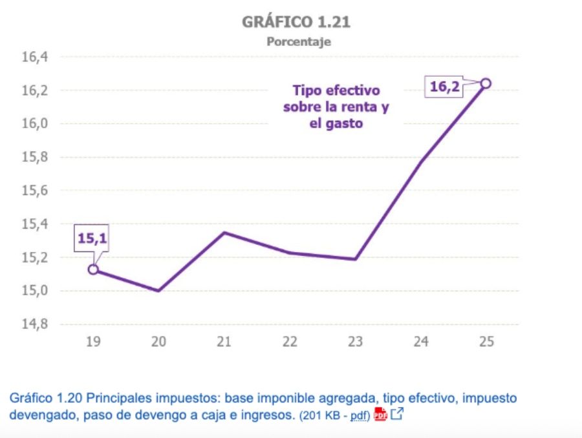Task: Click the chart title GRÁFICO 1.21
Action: click(297, 23)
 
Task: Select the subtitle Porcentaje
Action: click(298, 42)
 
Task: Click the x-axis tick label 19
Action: click(92, 342)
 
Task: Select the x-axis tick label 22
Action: click(290, 342)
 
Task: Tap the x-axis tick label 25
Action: click(486, 342)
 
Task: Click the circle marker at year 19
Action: click(93, 269)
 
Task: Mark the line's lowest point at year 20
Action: click(158, 291)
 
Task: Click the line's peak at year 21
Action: click(224, 233)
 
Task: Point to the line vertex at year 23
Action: click(355, 259)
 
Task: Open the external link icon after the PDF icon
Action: click(396, 414)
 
